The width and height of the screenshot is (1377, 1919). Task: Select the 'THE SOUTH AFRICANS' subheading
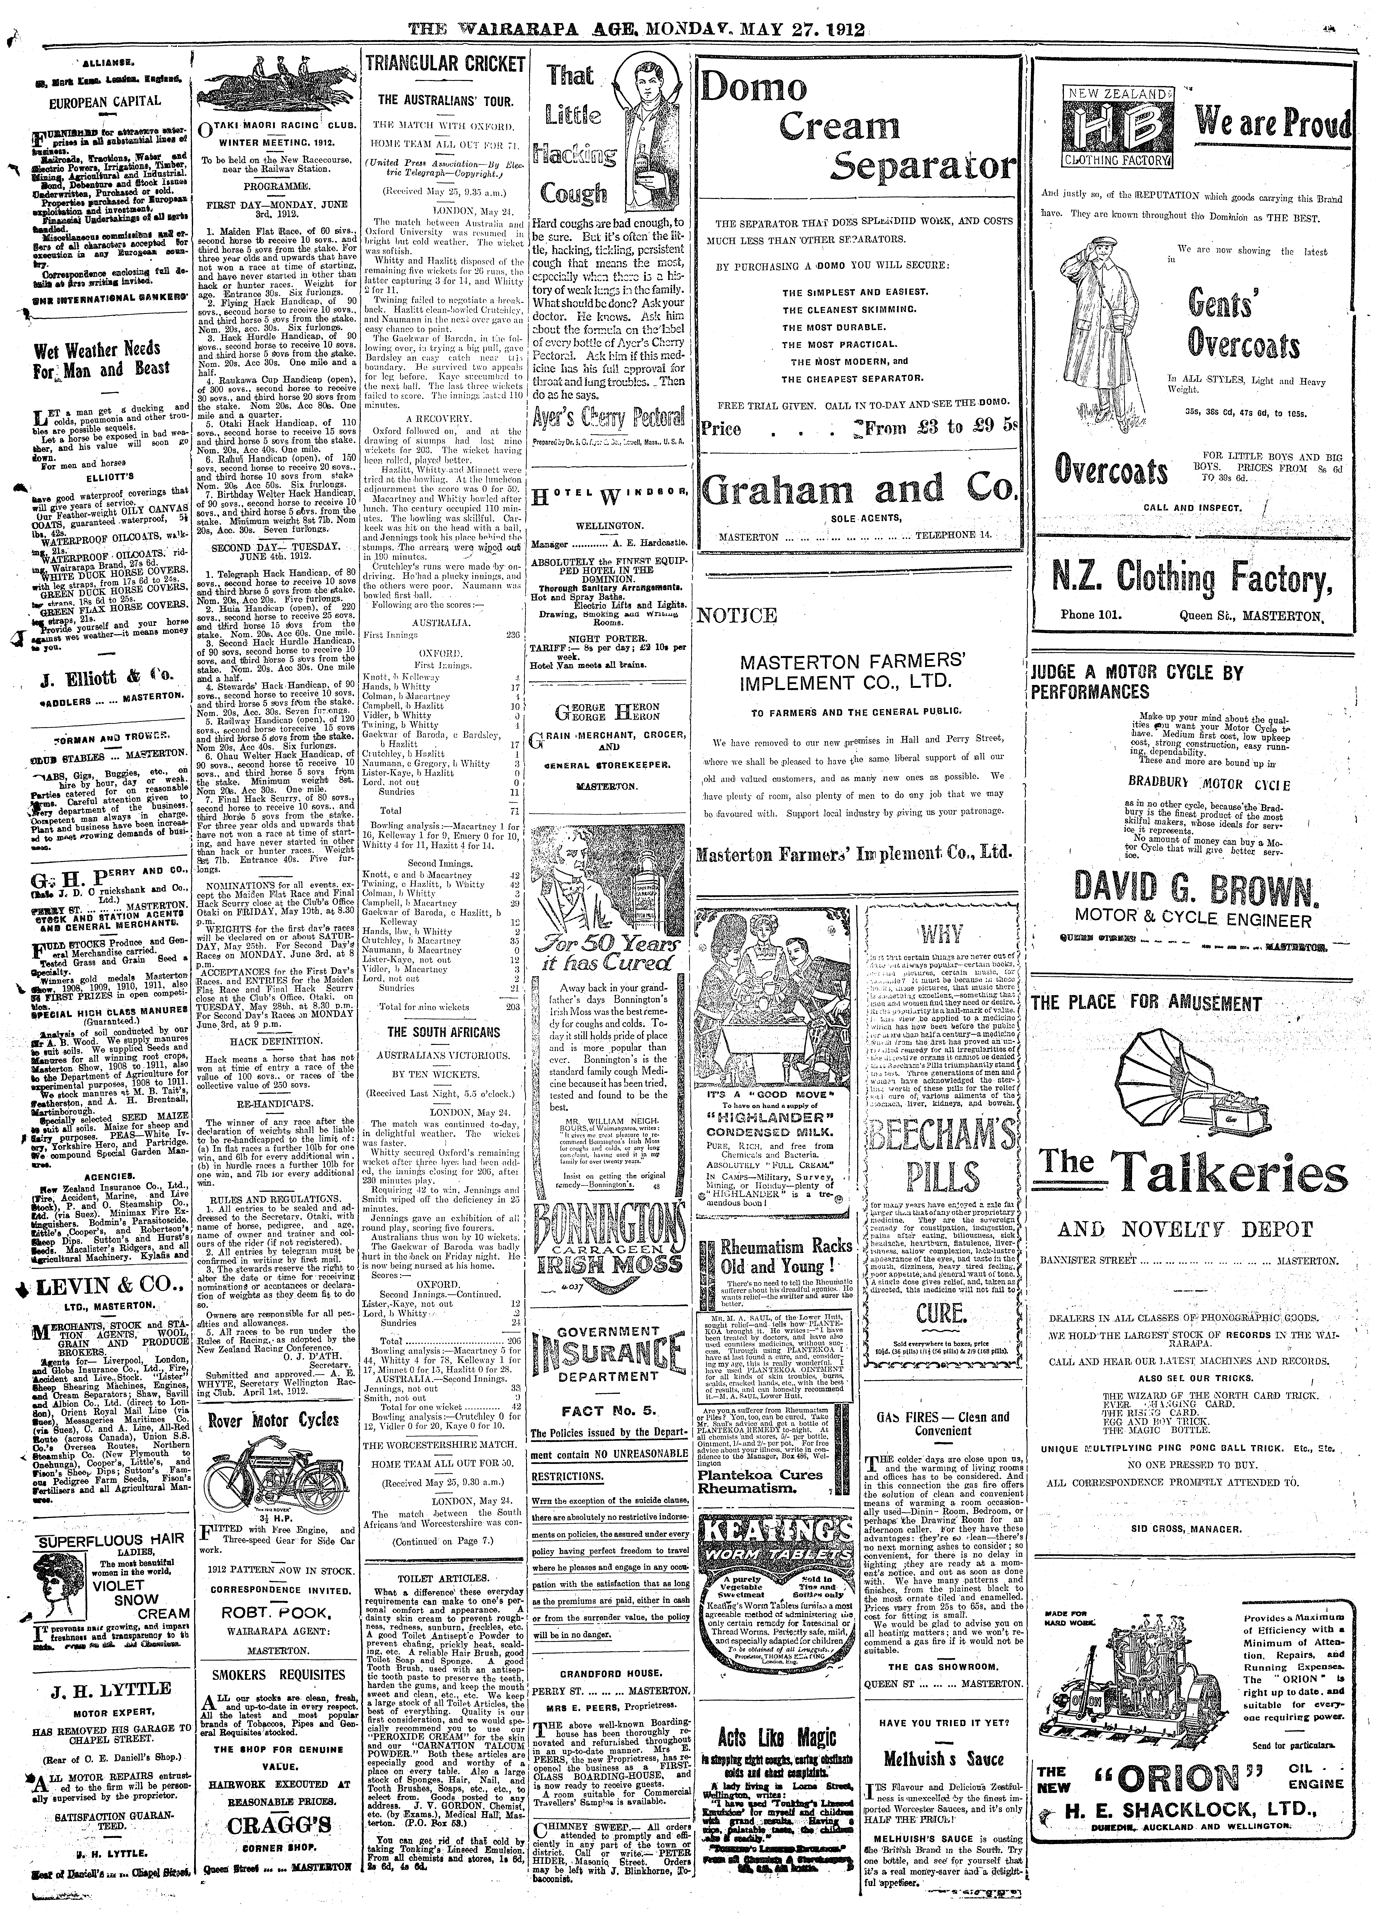(x=444, y=1032)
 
